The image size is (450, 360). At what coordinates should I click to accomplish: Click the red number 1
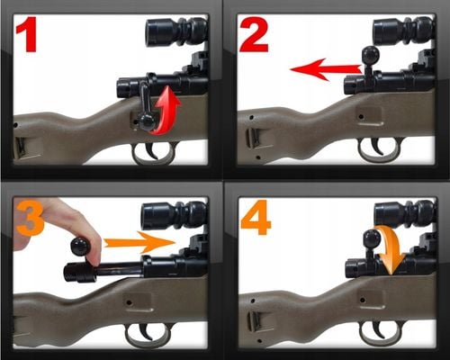point(27,34)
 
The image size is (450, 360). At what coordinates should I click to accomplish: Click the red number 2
point(254,34)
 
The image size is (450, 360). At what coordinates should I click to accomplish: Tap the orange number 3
point(30,218)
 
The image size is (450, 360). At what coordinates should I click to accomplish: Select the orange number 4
point(256,218)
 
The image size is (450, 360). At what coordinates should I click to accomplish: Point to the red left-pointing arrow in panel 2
point(327,69)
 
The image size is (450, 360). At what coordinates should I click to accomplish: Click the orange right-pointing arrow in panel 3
point(139,242)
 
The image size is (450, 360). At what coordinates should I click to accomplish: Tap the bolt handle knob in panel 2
point(371,56)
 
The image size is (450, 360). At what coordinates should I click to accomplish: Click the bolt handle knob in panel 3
point(80,247)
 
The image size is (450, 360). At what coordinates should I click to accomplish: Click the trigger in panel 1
point(153,150)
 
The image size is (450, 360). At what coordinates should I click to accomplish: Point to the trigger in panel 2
point(378,147)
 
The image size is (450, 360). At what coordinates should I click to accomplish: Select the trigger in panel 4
point(379,329)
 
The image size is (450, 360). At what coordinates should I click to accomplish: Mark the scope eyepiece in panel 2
point(385,31)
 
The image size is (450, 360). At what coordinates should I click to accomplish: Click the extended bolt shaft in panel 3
point(119,269)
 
